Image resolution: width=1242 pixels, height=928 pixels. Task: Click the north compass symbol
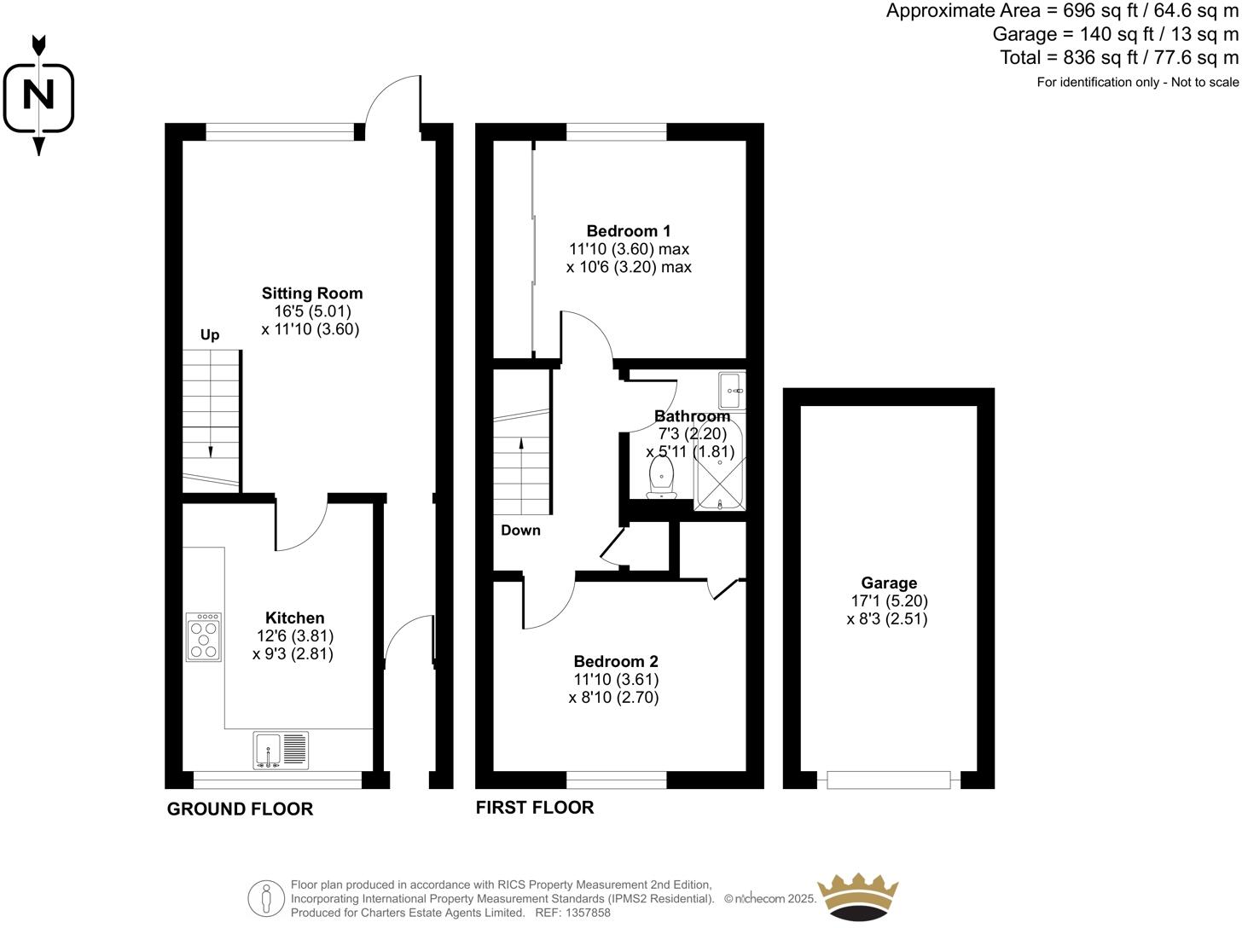(x=38, y=95)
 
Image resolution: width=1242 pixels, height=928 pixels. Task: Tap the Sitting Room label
(x=311, y=293)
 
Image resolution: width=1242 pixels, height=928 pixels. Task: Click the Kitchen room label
(x=294, y=618)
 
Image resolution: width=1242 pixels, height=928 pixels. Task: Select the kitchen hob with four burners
(x=204, y=637)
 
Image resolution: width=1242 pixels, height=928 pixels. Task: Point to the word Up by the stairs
(x=210, y=334)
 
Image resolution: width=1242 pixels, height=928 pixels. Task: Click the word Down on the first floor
(x=520, y=530)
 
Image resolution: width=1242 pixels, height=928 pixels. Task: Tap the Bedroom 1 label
(x=628, y=230)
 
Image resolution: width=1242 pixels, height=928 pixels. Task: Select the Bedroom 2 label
(x=615, y=661)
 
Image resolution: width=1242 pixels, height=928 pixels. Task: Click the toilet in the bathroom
(x=662, y=478)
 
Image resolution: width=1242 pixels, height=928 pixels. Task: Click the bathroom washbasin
(x=731, y=391)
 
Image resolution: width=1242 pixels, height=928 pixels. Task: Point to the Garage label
(x=889, y=583)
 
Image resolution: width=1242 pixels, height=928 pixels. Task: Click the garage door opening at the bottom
(x=888, y=780)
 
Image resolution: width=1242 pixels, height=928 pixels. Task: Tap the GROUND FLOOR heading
(x=240, y=809)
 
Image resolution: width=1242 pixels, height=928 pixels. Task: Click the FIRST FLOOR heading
(x=535, y=807)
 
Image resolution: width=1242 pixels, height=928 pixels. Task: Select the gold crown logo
(x=857, y=896)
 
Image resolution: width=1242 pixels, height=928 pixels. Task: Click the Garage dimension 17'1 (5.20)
(x=889, y=600)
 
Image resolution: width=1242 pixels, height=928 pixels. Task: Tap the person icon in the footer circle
(x=266, y=898)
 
